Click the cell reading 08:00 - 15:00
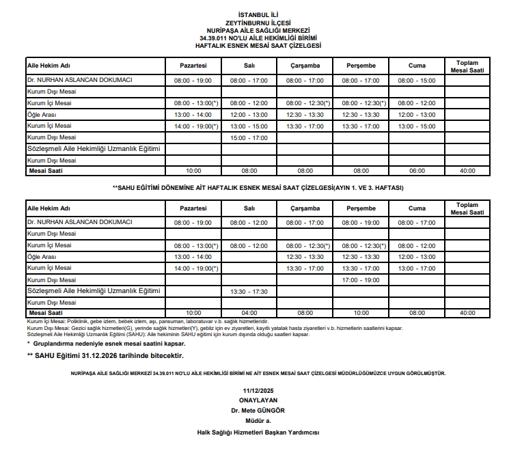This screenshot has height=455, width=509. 417,81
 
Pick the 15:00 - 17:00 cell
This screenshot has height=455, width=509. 249,137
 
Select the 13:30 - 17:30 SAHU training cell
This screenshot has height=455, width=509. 249,291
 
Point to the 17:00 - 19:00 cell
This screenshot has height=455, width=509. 361,279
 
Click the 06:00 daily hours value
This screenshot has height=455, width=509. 417,170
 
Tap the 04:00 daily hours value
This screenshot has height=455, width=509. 249,312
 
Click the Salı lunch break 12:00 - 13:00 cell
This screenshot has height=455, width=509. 249,115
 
